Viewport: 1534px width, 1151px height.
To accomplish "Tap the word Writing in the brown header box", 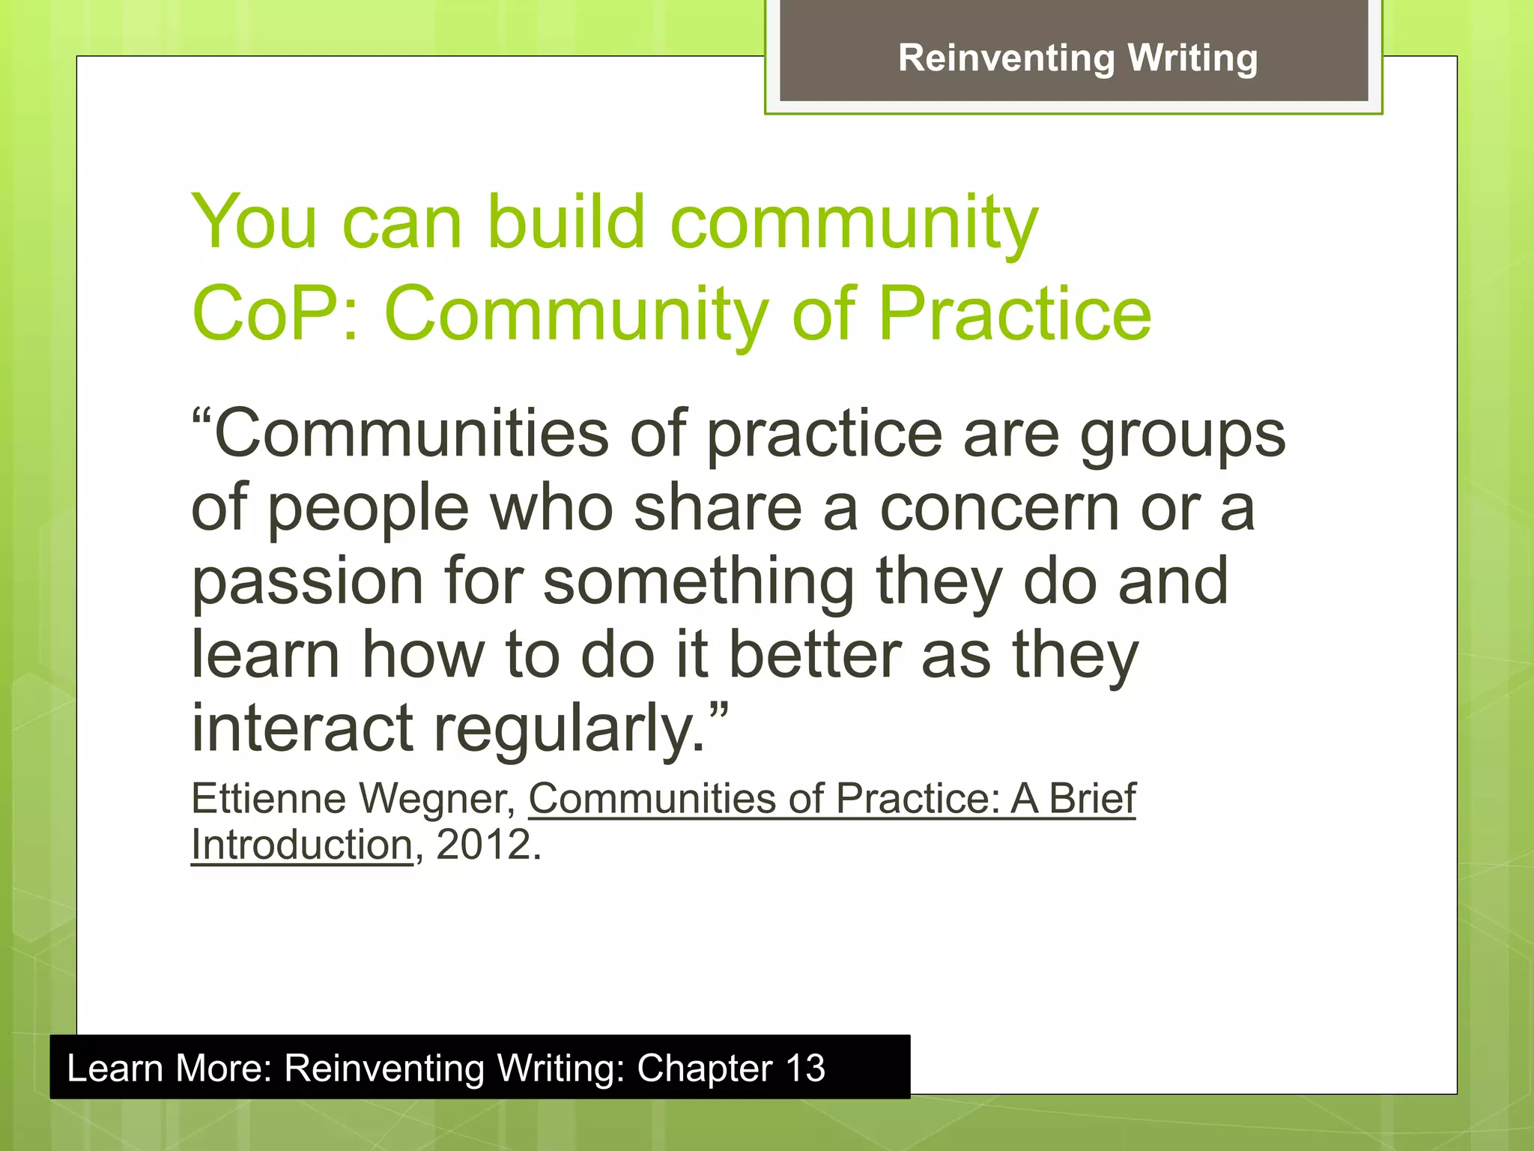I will pyautogui.click(x=1192, y=58).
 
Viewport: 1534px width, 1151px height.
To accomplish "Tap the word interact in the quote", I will pyautogui.click(x=302, y=728).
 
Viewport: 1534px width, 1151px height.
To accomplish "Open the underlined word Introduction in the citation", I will pyautogui.click(x=302, y=845).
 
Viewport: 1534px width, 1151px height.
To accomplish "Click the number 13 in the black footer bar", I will pyautogui.click(x=805, y=1068).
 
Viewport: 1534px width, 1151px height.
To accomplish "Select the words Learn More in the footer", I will pyautogui.click(x=169, y=1068).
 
